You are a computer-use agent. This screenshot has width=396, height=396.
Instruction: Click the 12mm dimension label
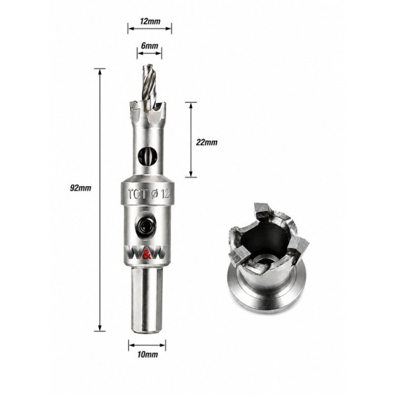tap(150, 21)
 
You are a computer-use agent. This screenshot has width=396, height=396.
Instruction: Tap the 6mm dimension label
tap(150, 46)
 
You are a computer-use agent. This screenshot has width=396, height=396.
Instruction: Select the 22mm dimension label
tap(207, 143)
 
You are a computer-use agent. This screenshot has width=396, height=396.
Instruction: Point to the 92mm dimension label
tap(81, 188)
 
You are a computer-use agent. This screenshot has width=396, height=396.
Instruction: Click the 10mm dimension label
tap(148, 354)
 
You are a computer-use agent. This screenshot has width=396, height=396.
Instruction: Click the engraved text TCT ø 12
tap(148, 194)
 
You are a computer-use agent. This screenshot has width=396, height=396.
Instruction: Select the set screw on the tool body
tap(146, 224)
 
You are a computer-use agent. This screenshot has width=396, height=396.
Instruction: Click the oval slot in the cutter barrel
tap(148, 156)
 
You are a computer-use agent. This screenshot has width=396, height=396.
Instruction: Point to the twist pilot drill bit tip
tap(148, 66)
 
